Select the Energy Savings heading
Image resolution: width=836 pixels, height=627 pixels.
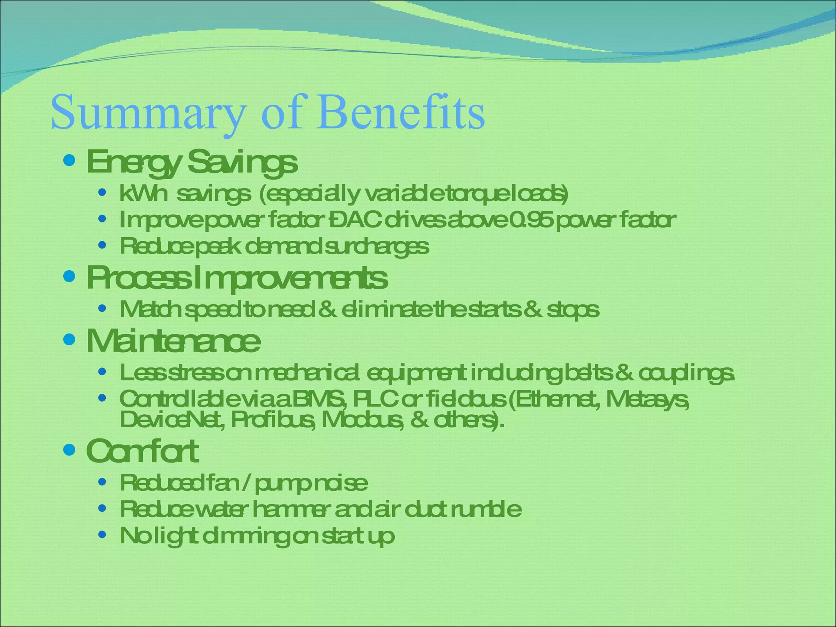[x=192, y=162]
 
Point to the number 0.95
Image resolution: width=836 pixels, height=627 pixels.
[x=531, y=220]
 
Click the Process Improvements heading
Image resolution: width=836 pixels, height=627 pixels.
[x=237, y=278]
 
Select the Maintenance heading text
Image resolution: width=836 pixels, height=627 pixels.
[x=173, y=341]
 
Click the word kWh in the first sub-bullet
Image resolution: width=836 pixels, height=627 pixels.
[x=143, y=193]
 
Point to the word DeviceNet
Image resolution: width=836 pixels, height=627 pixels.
[x=171, y=420]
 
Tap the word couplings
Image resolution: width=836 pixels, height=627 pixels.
[x=686, y=373]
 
